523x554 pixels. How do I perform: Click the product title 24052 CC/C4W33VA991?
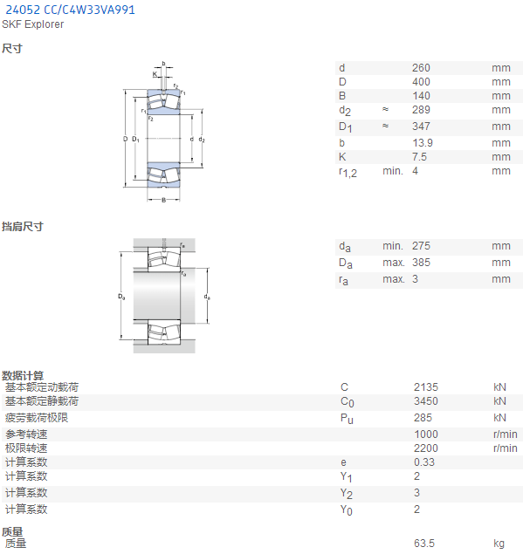click(71, 10)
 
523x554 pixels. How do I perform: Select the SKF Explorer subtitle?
click(33, 24)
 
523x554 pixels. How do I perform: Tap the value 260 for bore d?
click(421, 68)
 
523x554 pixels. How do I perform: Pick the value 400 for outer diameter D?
click(421, 82)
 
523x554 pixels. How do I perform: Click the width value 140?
click(421, 96)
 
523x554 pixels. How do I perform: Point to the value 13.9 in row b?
click(423, 143)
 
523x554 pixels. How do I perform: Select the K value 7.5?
click(419, 157)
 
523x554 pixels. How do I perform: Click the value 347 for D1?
click(421, 127)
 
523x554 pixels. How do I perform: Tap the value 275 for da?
click(421, 246)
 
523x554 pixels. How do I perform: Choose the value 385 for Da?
click(421, 263)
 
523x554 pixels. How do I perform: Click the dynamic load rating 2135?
click(426, 387)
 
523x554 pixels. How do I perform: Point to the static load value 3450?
click(426, 401)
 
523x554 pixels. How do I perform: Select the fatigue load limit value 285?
click(423, 418)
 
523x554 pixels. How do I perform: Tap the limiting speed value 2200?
click(426, 448)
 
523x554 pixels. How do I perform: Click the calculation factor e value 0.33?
click(424, 462)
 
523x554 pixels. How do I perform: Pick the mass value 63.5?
click(424, 544)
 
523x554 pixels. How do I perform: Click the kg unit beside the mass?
click(499, 544)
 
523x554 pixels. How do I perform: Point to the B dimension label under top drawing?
click(164, 201)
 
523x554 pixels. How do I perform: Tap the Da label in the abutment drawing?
click(121, 297)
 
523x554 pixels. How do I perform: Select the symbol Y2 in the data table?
click(346, 493)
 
